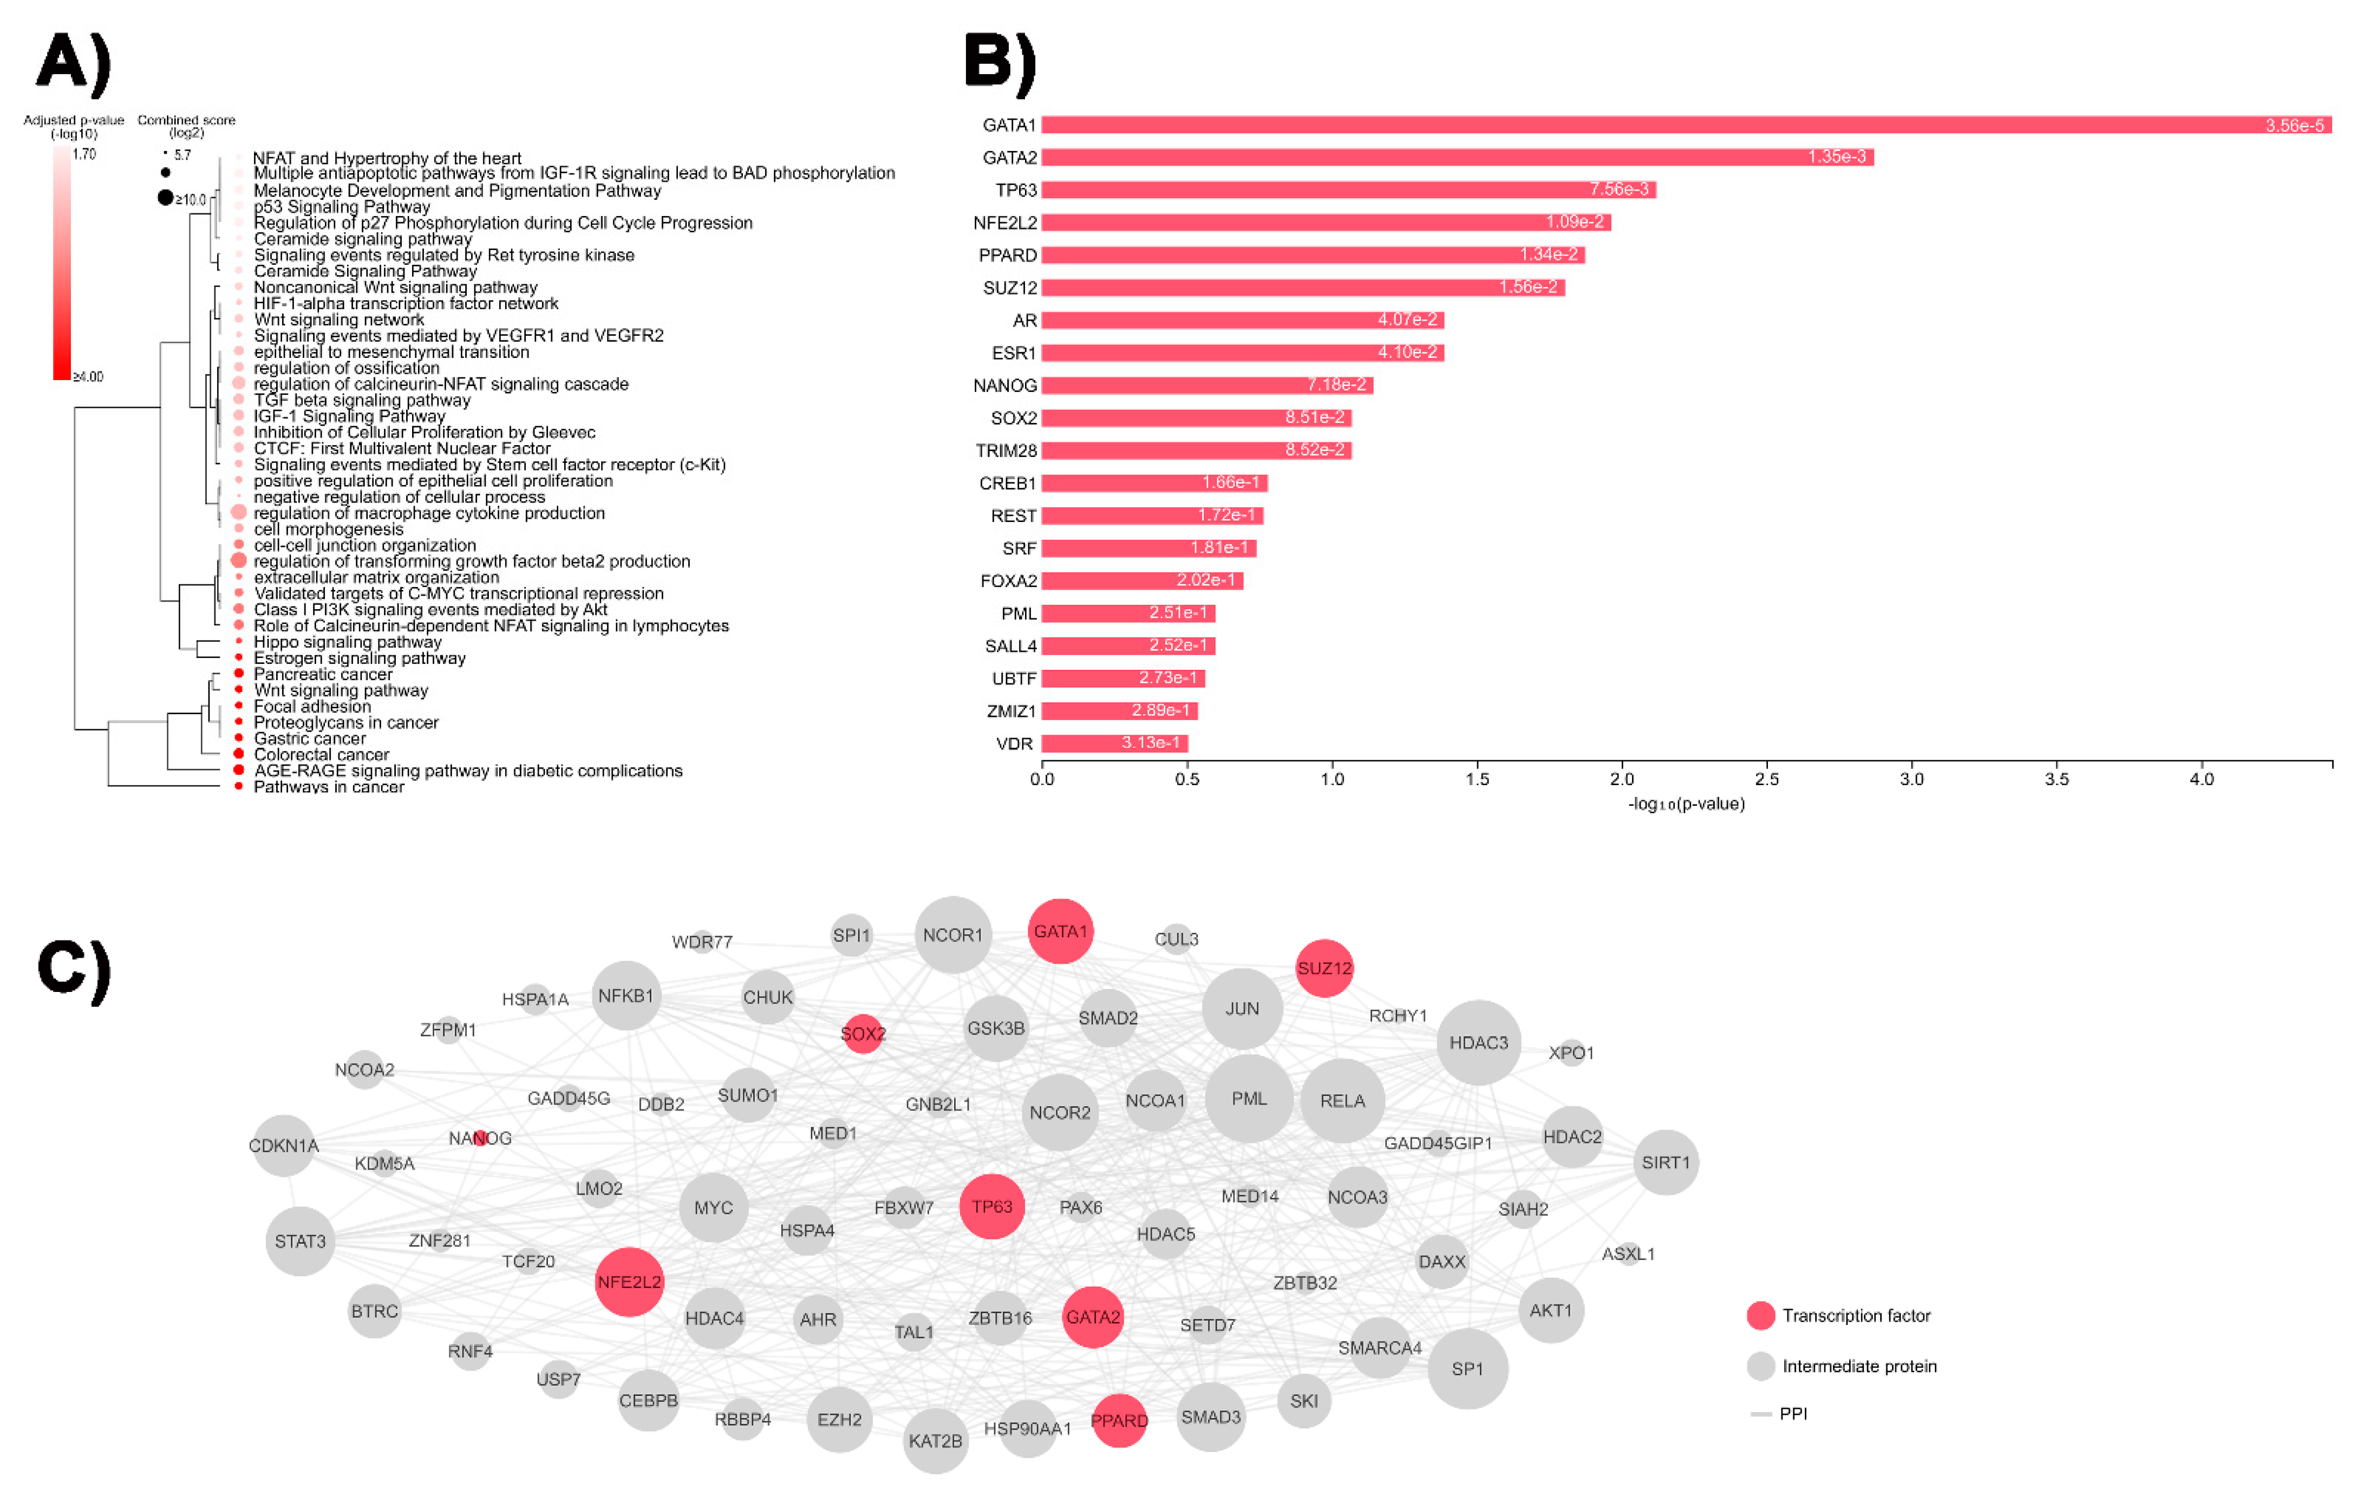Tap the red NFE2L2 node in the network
(629, 1282)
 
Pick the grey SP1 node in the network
(1467, 1369)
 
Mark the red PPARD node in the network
(1119, 1420)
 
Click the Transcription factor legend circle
(1760, 1316)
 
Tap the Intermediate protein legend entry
(1858, 1366)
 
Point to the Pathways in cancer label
(329, 787)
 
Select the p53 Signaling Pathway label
(341, 206)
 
